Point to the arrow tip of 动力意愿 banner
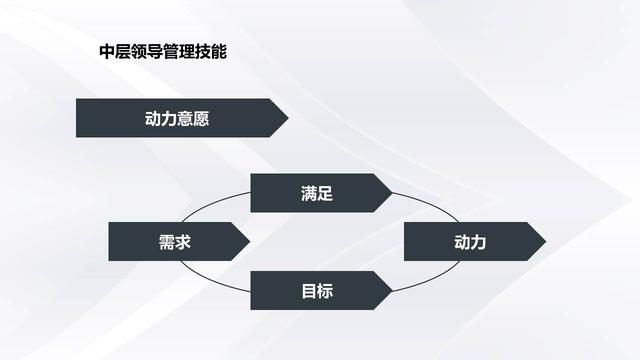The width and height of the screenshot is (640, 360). point(288,118)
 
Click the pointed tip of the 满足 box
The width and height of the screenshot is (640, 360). point(392,193)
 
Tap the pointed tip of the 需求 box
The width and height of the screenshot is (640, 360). point(250,242)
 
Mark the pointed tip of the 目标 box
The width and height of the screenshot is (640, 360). point(392,291)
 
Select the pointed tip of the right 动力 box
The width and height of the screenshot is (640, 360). point(546,242)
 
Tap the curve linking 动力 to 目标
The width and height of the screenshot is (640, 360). point(431,280)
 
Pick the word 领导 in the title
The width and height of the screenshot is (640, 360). point(147,52)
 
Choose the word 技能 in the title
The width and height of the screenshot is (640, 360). point(210,52)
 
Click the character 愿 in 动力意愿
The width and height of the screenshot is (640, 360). point(201,119)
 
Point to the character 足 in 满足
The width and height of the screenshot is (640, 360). point(325,193)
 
